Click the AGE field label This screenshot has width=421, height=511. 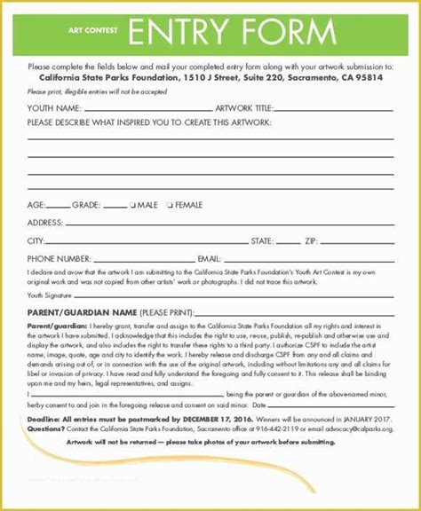[x=37, y=205]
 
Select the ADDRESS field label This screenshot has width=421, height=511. [x=44, y=223]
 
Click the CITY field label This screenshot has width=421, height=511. [x=36, y=240]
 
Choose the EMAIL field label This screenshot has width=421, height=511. [x=210, y=258]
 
